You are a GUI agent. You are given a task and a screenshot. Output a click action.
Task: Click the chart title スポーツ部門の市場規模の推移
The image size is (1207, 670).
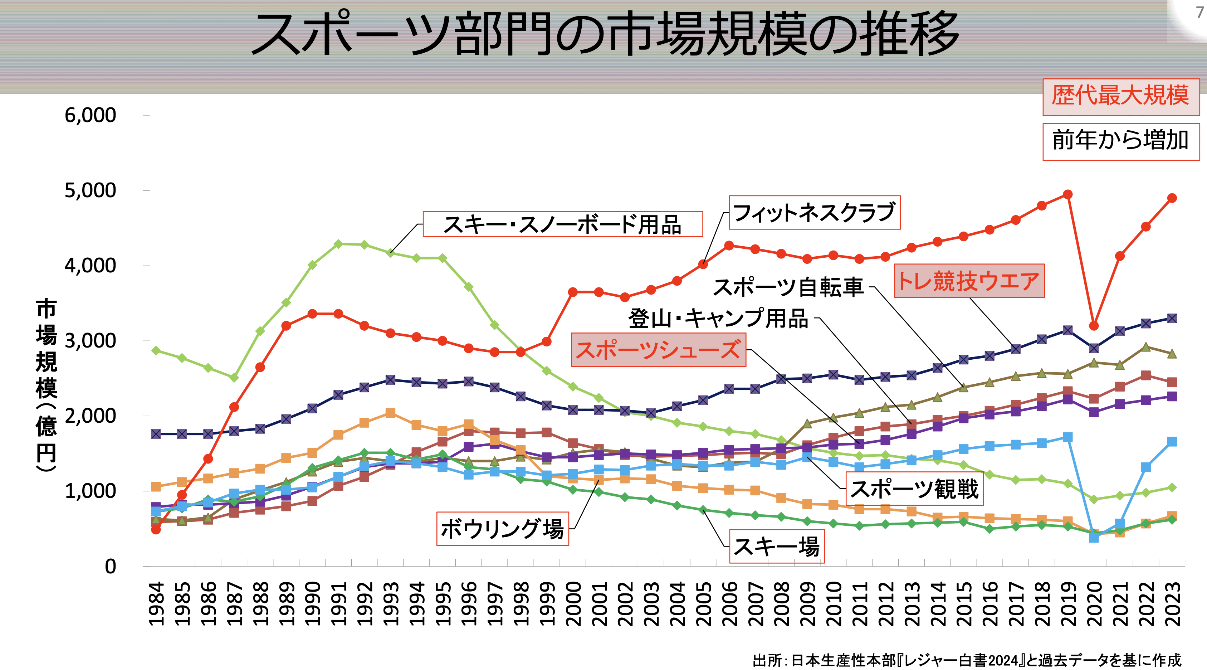coord(605,34)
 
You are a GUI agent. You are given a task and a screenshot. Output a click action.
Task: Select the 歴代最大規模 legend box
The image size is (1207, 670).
coord(1120,97)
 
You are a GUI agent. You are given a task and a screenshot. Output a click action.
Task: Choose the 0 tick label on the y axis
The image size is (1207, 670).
coord(110,566)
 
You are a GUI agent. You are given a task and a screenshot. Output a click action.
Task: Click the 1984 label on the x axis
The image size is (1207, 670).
coord(156,604)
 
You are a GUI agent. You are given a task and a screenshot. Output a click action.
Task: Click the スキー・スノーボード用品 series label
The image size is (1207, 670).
coord(562,224)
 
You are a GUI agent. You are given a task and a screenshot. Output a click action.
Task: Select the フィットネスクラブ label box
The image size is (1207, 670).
coord(814,212)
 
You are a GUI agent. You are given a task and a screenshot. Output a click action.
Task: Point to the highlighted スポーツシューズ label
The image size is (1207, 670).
coord(658,350)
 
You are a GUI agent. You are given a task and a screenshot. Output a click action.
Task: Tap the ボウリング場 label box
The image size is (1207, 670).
coord(502,529)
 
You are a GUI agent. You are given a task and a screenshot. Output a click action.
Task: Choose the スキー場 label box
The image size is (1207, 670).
coord(776,547)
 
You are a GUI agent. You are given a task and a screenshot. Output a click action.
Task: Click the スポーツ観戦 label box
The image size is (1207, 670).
coord(914,489)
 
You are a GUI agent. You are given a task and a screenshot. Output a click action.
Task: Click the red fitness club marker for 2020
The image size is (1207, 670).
coord(1094,326)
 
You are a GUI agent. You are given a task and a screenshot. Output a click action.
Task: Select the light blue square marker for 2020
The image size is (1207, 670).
coord(1094,537)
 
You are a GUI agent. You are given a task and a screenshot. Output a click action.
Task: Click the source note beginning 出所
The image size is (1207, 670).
coord(967,660)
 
